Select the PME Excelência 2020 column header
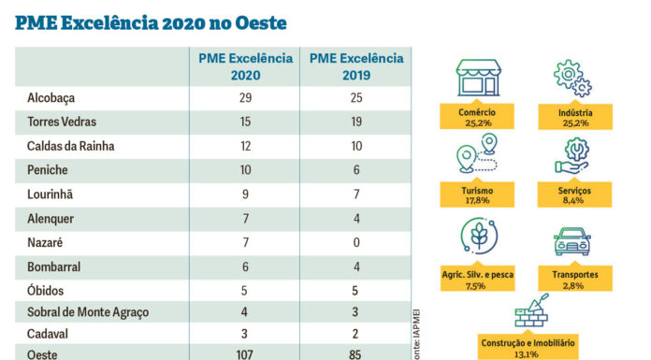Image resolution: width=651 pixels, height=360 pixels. click(x=245, y=67)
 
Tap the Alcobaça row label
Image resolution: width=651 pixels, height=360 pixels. click(x=52, y=98)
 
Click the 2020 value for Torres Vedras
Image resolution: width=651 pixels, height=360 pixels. click(x=245, y=122)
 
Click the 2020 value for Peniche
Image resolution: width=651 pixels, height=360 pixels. click(x=245, y=170)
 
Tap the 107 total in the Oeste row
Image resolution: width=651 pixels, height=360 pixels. click(x=245, y=353)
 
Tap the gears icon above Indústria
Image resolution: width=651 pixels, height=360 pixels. click(x=572, y=79)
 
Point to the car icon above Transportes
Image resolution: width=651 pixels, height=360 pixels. click(x=572, y=242)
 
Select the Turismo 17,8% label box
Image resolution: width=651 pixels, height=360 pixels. click(x=478, y=194)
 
